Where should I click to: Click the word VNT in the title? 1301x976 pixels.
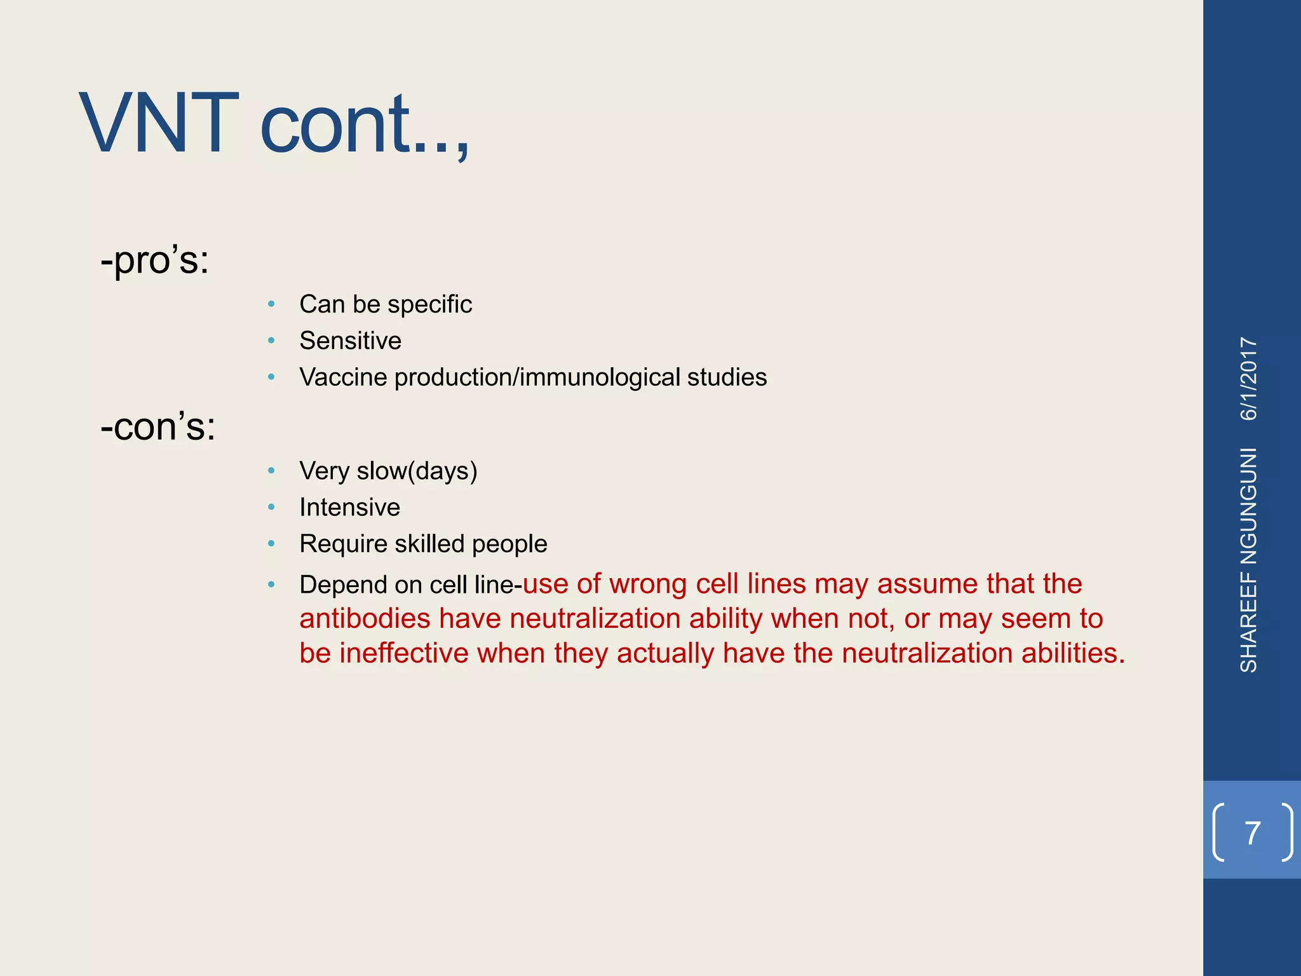click(x=159, y=124)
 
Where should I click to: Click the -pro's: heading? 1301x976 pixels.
click(x=154, y=260)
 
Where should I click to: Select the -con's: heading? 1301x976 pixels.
click(x=158, y=426)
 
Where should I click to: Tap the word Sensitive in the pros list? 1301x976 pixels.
click(x=350, y=341)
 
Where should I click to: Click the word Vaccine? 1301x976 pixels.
click(x=343, y=377)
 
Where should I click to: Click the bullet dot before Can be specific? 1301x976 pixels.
click(x=271, y=304)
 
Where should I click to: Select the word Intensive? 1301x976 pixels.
click(x=349, y=508)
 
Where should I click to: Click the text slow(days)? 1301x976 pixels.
click(x=417, y=471)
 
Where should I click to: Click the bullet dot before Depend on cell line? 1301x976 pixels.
click(x=271, y=585)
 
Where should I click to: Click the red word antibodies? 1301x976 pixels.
click(x=365, y=619)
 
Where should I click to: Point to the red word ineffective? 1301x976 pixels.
click(x=403, y=654)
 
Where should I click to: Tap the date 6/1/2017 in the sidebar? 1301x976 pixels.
click(x=1249, y=379)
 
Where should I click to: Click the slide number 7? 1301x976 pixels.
click(x=1252, y=833)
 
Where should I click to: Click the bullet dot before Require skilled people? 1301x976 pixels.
click(x=271, y=544)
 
